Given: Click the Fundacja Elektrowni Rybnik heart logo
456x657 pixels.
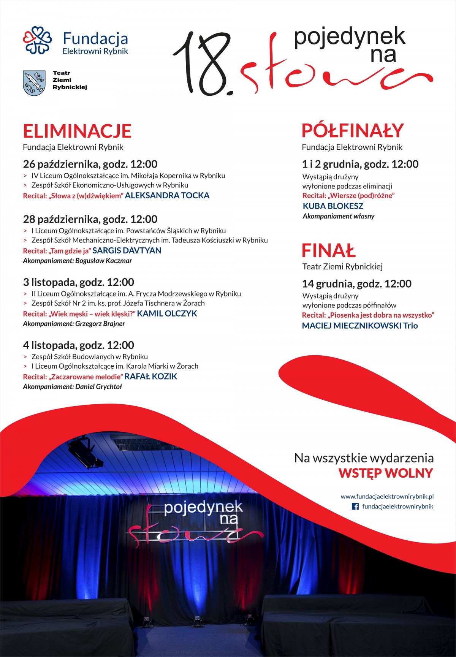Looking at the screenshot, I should tap(37, 40).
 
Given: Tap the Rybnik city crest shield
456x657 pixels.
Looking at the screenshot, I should tap(34, 82).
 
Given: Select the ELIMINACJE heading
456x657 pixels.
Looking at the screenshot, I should tap(77, 131).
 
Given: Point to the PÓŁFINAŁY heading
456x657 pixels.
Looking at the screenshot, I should tap(352, 131).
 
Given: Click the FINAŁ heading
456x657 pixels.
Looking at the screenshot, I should tap(328, 251).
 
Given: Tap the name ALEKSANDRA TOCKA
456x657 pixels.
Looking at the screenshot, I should tap(167, 196).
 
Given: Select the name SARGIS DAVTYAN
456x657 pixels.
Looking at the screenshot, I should tap(127, 251).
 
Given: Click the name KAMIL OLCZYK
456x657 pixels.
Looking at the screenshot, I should tap(167, 314).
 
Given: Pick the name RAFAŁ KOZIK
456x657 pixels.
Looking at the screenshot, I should tap(151, 377).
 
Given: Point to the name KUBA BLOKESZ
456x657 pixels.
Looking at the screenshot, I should tap(333, 206).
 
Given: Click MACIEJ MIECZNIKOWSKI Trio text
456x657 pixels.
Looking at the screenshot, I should tap(359, 326).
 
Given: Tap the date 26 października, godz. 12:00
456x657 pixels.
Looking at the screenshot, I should tap(90, 164).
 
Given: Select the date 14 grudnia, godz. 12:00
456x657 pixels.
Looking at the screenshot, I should tap(356, 284).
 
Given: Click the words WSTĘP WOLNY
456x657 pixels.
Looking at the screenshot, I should tap(386, 473).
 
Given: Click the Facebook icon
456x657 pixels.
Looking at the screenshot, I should tap(355, 507).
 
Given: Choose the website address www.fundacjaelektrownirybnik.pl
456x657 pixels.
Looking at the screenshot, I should tap(387, 496).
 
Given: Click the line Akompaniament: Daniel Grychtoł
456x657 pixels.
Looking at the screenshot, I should tap(73, 387).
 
